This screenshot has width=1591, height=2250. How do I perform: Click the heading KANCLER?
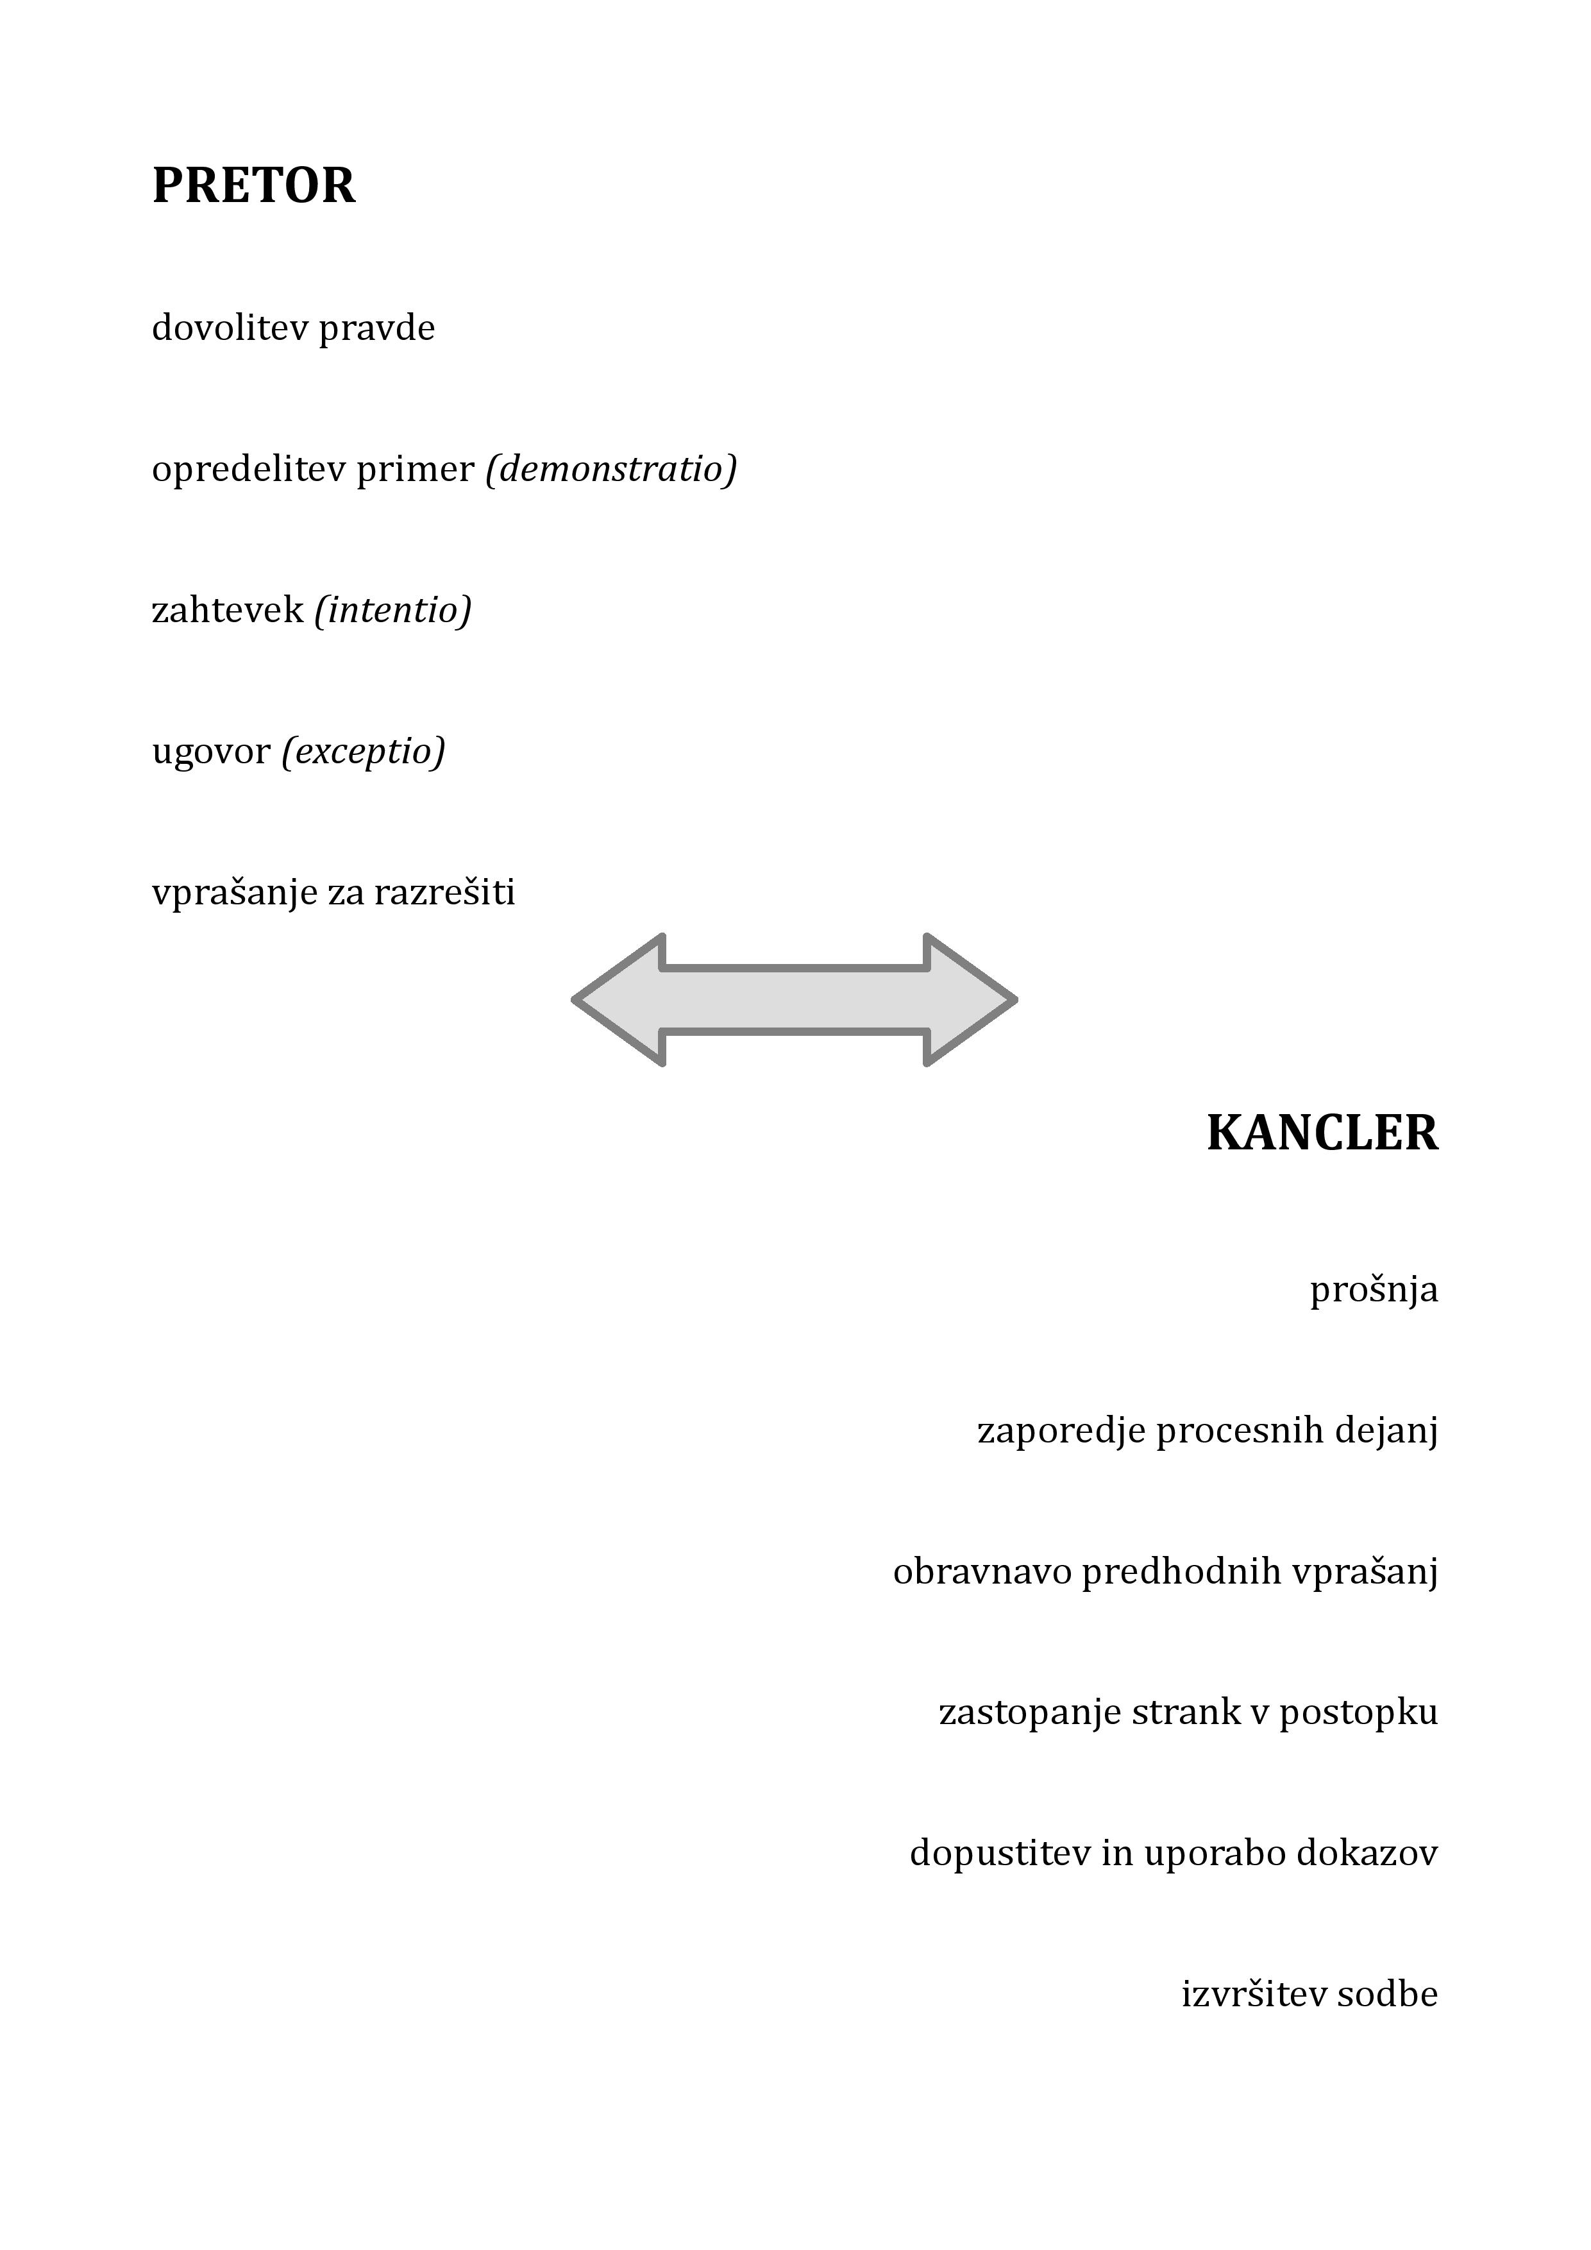(1322, 1133)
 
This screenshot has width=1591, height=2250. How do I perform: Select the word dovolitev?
(230, 327)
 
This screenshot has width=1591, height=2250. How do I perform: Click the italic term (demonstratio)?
(611, 469)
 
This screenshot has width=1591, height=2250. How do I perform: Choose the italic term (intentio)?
(393, 611)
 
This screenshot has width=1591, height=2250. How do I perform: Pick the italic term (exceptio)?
(364, 752)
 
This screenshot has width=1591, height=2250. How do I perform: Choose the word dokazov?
(1368, 1854)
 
